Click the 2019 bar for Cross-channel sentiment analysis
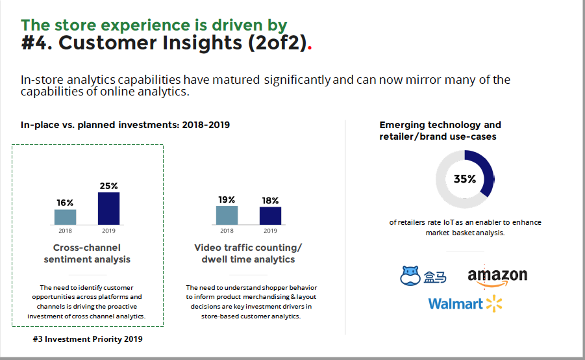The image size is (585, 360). (x=109, y=209)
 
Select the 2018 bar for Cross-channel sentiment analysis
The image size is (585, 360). (x=66, y=217)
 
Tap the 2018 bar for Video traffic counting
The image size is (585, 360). (x=227, y=215)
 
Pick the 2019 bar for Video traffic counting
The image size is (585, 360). (x=271, y=216)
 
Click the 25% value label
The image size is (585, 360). (x=109, y=186)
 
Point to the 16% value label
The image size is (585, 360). (x=65, y=203)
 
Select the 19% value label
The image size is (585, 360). (x=227, y=199)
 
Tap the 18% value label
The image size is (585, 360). (x=270, y=201)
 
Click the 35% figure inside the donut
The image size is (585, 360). (x=465, y=179)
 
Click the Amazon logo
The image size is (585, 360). (x=497, y=276)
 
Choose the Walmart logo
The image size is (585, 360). (x=466, y=303)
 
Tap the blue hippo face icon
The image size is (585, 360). (x=410, y=276)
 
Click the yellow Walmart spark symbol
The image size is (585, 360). (x=494, y=303)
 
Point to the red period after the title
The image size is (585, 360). (x=310, y=49)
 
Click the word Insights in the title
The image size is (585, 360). (x=202, y=43)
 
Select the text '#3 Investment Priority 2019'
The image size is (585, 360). (x=88, y=339)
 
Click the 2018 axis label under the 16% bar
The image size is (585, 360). (x=66, y=231)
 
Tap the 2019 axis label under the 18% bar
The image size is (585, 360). (x=271, y=231)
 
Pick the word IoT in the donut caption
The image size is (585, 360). (x=448, y=222)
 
